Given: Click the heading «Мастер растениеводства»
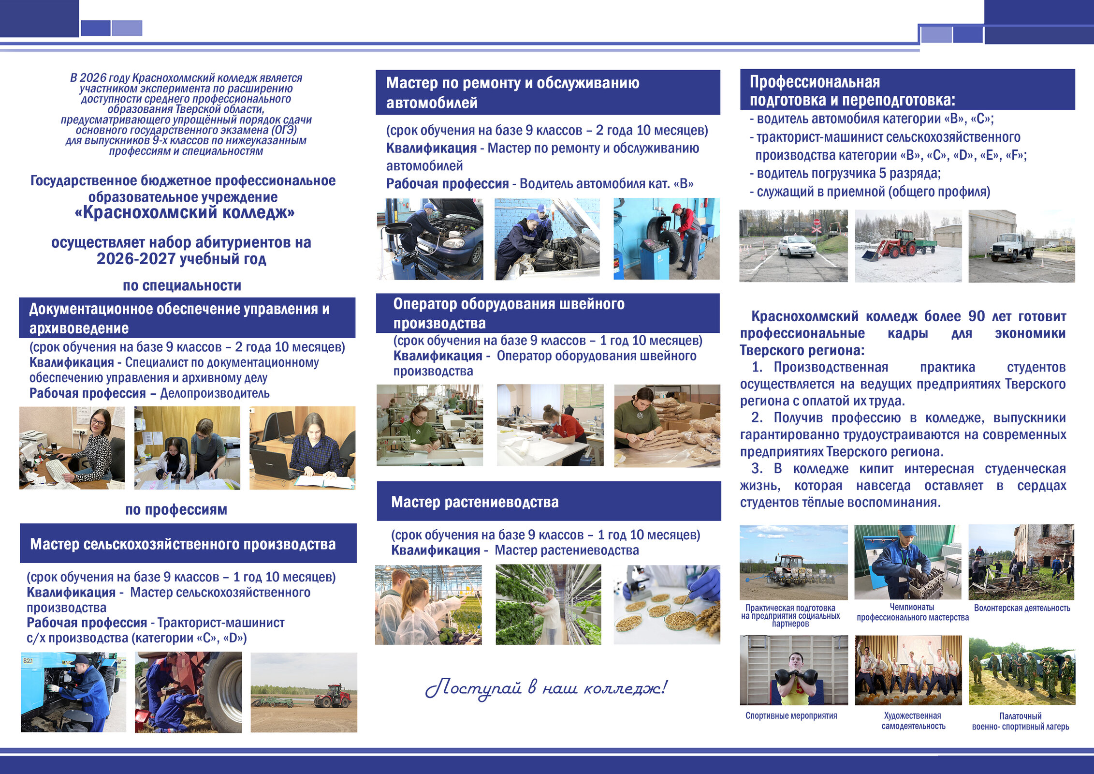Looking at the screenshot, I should (474, 502).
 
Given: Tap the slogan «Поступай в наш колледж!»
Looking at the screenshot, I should (546, 688).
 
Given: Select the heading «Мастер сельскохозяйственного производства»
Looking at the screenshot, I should (183, 544).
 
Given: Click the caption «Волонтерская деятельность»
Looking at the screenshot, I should (1021, 608).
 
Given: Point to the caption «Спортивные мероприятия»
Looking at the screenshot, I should (791, 715).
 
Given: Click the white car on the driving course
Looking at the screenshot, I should (796, 246).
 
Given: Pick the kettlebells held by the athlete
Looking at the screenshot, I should (796, 677).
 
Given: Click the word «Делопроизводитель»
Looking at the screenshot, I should (215, 393).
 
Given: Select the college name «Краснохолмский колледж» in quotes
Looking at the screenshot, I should (185, 213).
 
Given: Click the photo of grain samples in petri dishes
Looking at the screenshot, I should (667, 605).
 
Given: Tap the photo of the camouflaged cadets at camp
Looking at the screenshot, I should (1021, 670).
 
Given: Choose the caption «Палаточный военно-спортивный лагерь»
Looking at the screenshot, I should (1021, 721).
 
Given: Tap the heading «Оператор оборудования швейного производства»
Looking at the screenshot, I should (509, 313).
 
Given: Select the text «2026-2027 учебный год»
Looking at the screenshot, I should (181, 259).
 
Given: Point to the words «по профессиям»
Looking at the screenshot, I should (176, 509).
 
